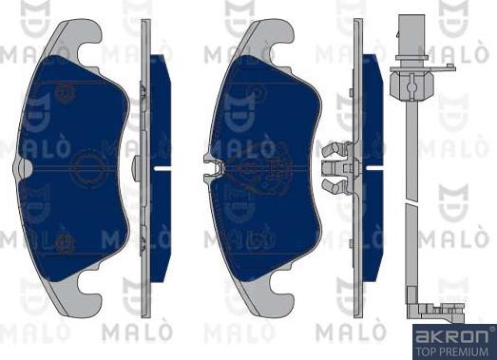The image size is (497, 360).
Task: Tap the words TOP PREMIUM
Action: coord(453,349)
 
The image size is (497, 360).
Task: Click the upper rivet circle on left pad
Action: coord(66,93)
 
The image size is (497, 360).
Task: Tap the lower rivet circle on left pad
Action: coord(66,241)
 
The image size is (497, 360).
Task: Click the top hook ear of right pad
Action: coord(267,38)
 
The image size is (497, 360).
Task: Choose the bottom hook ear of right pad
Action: coord(267,295)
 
